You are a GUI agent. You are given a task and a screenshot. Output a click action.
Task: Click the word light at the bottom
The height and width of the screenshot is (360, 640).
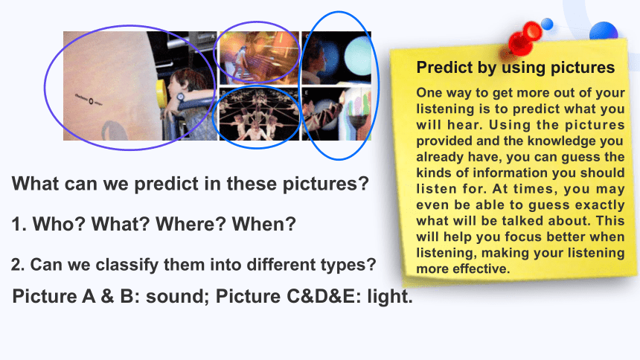[x=390, y=297]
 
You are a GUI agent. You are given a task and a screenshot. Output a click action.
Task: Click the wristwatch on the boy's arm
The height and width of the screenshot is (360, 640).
[x=180, y=98]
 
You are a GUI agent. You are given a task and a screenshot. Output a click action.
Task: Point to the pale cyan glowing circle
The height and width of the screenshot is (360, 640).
[x=357, y=57]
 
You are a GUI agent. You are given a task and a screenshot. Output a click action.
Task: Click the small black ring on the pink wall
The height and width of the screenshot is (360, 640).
[x=91, y=101]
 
